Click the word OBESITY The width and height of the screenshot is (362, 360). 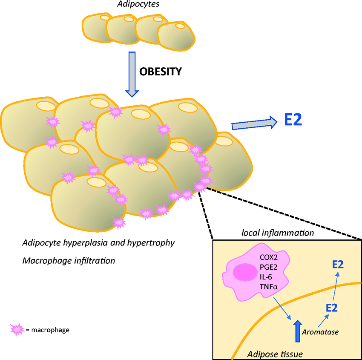coord(161,71)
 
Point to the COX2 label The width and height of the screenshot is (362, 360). coord(269,257)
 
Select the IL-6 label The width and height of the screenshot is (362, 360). coord(267,276)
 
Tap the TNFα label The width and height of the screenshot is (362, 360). coord(268,286)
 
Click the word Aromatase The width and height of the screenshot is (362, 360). coord(319,332)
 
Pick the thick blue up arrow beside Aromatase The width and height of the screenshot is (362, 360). coord(297,331)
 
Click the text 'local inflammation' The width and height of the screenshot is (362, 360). coord(278,233)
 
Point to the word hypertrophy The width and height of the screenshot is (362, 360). coord(153,243)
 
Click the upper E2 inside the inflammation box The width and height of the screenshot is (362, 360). coord(338,265)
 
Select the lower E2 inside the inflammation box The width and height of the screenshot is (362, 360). coord(332,308)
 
